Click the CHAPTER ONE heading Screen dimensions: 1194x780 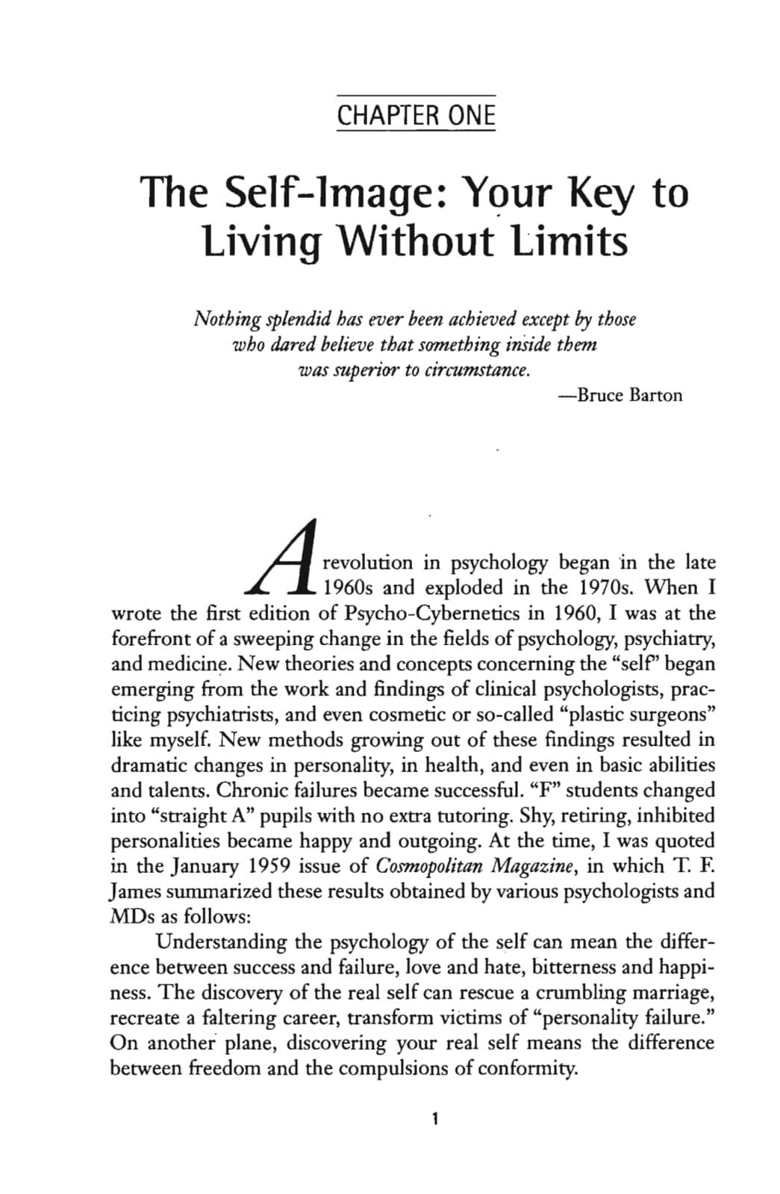pyautogui.click(x=416, y=115)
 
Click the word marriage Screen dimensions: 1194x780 pyautogui.click(x=668, y=993)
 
